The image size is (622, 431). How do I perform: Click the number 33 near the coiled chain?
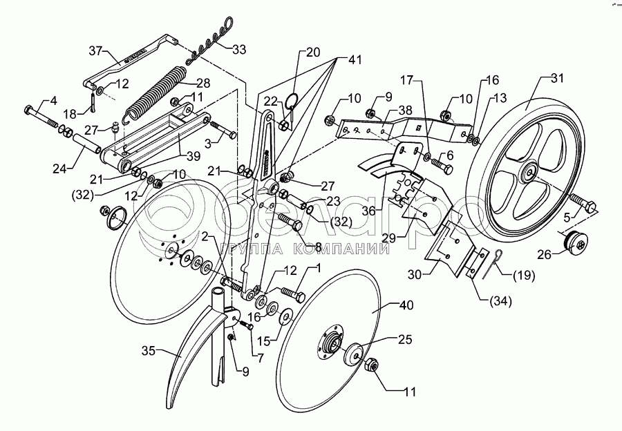(238, 50)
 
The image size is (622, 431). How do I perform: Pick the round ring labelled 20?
(293, 102)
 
